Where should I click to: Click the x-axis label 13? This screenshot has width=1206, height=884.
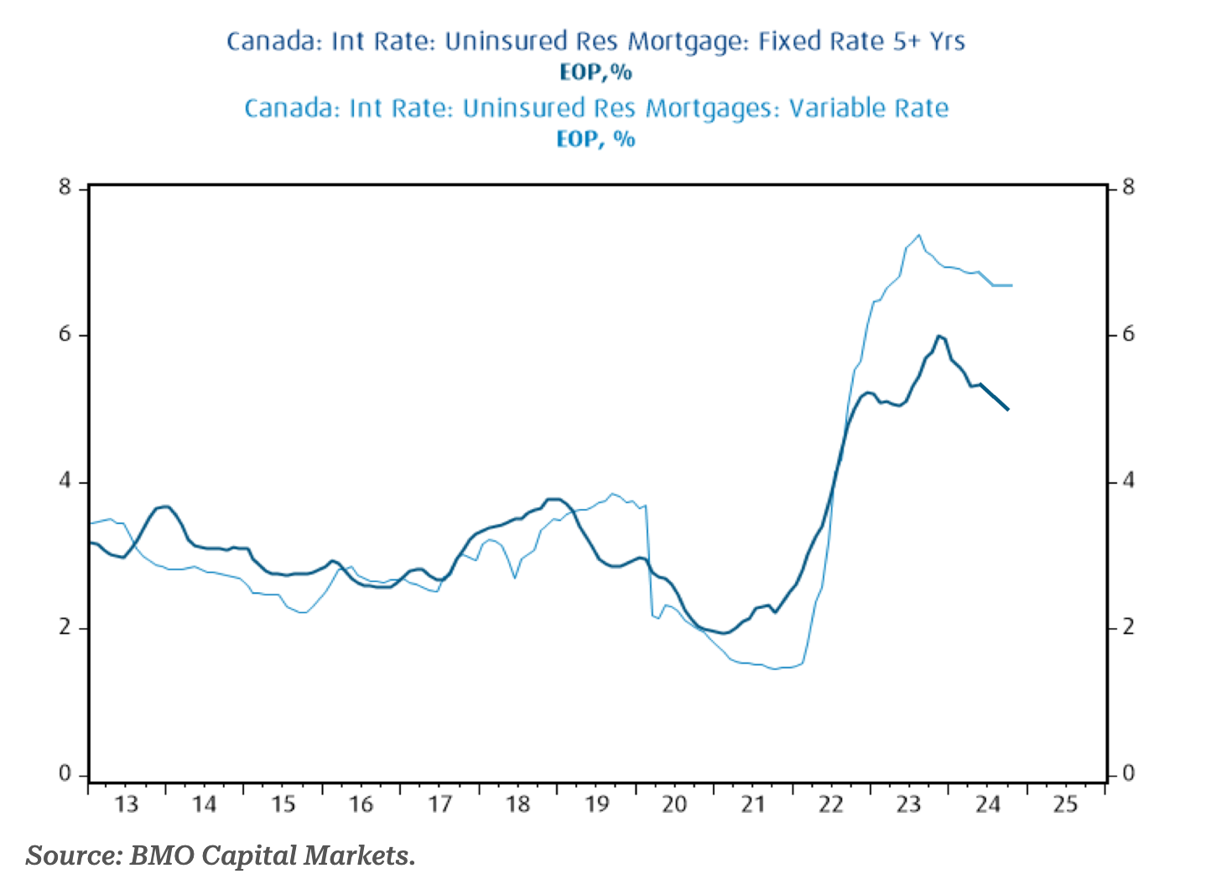[127, 804]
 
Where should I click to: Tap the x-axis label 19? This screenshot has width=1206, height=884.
[596, 804]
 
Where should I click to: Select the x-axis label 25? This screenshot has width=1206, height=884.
[1065, 804]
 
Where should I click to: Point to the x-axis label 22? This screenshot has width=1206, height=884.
[830, 804]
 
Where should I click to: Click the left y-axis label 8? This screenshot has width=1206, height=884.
[65, 187]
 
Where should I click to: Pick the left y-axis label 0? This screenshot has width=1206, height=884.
[65, 773]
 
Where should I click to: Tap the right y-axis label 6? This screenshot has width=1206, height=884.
[1128, 334]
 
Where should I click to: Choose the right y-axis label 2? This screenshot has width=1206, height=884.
[1128, 627]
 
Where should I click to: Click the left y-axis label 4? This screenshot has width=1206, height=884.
[65, 481]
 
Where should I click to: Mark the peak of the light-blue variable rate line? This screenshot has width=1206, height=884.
[919, 235]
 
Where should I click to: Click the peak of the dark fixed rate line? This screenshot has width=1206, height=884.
[939, 335]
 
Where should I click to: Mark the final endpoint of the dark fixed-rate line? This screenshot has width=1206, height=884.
[1008, 409]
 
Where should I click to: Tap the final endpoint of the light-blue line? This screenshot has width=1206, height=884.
[1012, 285]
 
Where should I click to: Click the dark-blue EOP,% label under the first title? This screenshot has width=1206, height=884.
[595, 73]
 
